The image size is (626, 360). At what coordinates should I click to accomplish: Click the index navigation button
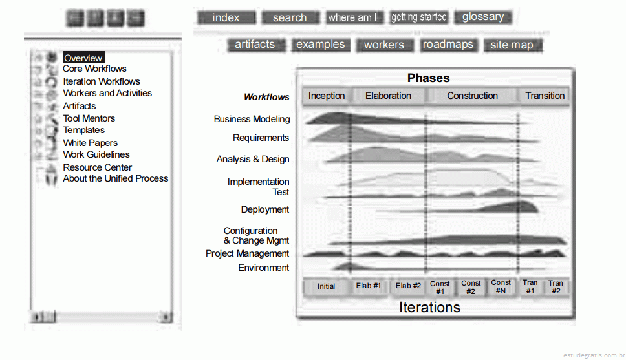(226, 17)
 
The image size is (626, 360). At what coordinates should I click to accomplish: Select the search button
(290, 17)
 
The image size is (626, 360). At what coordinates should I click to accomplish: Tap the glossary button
(483, 17)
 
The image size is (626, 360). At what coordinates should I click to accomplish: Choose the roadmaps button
(448, 45)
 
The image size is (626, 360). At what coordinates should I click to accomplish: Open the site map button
(512, 45)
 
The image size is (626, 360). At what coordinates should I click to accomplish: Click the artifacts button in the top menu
(255, 45)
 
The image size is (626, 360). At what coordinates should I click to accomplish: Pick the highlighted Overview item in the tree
(83, 58)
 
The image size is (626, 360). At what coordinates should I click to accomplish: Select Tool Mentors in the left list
(89, 118)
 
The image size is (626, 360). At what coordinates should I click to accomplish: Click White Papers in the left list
(91, 143)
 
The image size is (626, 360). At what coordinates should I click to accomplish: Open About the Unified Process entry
(115, 178)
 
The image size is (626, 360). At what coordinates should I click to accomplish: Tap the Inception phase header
(327, 96)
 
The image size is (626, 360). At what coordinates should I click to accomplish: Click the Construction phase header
(472, 96)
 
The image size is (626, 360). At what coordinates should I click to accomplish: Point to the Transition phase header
(545, 96)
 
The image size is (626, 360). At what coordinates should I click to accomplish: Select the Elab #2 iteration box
(408, 286)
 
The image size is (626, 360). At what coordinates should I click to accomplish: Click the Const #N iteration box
(501, 286)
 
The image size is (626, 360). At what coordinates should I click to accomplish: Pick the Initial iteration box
(326, 286)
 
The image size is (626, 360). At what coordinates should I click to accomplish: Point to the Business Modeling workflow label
(252, 119)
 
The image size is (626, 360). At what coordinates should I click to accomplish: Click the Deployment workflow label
(265, 209)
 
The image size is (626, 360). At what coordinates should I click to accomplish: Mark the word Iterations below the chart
(429, 307)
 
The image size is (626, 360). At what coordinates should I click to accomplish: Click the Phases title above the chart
(428, 78)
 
